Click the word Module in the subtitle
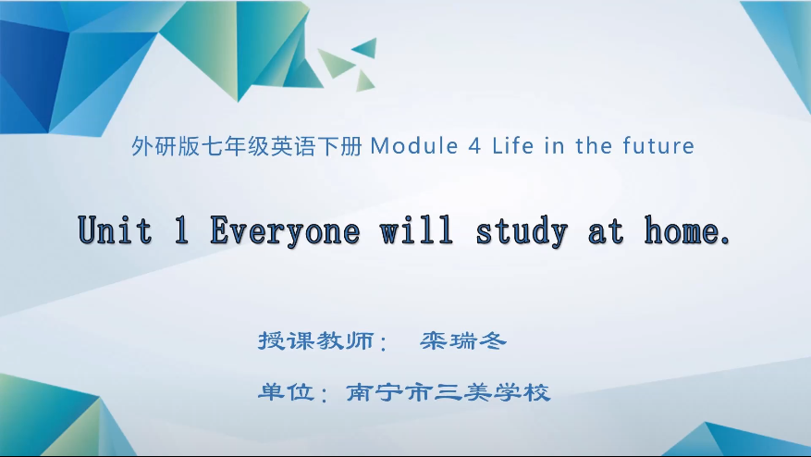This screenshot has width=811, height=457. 412,146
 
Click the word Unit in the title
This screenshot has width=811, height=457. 115,230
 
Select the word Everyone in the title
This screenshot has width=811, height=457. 285,230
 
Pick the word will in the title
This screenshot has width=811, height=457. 417,230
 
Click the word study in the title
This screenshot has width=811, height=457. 522,230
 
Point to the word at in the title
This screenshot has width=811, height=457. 607,230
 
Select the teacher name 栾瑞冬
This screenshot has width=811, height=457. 463,341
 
